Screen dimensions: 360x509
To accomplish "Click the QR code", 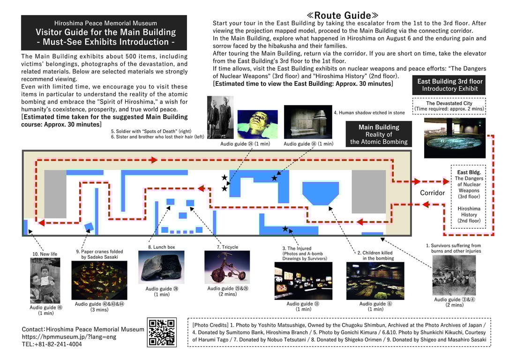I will pyautogui.click(x=162, y=332).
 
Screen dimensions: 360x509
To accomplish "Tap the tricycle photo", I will pyautogui.click(x=227, y=267).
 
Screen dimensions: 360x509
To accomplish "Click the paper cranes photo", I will pyautogui.click(x=99, y=280).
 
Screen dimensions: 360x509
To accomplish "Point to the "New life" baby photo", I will pyautogui.click(x=45, y=280).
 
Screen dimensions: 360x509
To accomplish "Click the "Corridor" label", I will pyautogui.click(x=432, y=193).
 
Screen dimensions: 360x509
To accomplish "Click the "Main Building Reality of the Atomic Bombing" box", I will pyautogui.click(x=379, y=134).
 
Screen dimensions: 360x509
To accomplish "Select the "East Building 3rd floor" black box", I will pyautogui.click(x=449, y=85).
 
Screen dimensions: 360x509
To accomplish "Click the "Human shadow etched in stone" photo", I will pyautogui.click(x=308, y=122).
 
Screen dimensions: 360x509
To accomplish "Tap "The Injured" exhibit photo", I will pyautogui.click(x=303, y=280).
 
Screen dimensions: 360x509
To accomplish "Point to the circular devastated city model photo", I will pyautogui.click(x=454, y=138).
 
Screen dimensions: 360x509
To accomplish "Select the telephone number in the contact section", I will pyautogui.click(x=52, y=344).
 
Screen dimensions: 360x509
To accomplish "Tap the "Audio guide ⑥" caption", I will pyautogui.click(x=375, y=304).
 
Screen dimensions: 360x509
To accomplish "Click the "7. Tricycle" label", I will pyautogui.click(x=227, y=247).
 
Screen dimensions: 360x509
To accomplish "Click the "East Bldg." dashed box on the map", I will pyautogui.click(x=469, y=196).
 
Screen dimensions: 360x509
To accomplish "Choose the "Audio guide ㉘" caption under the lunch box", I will pyautogui.click(x=162, y=289).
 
